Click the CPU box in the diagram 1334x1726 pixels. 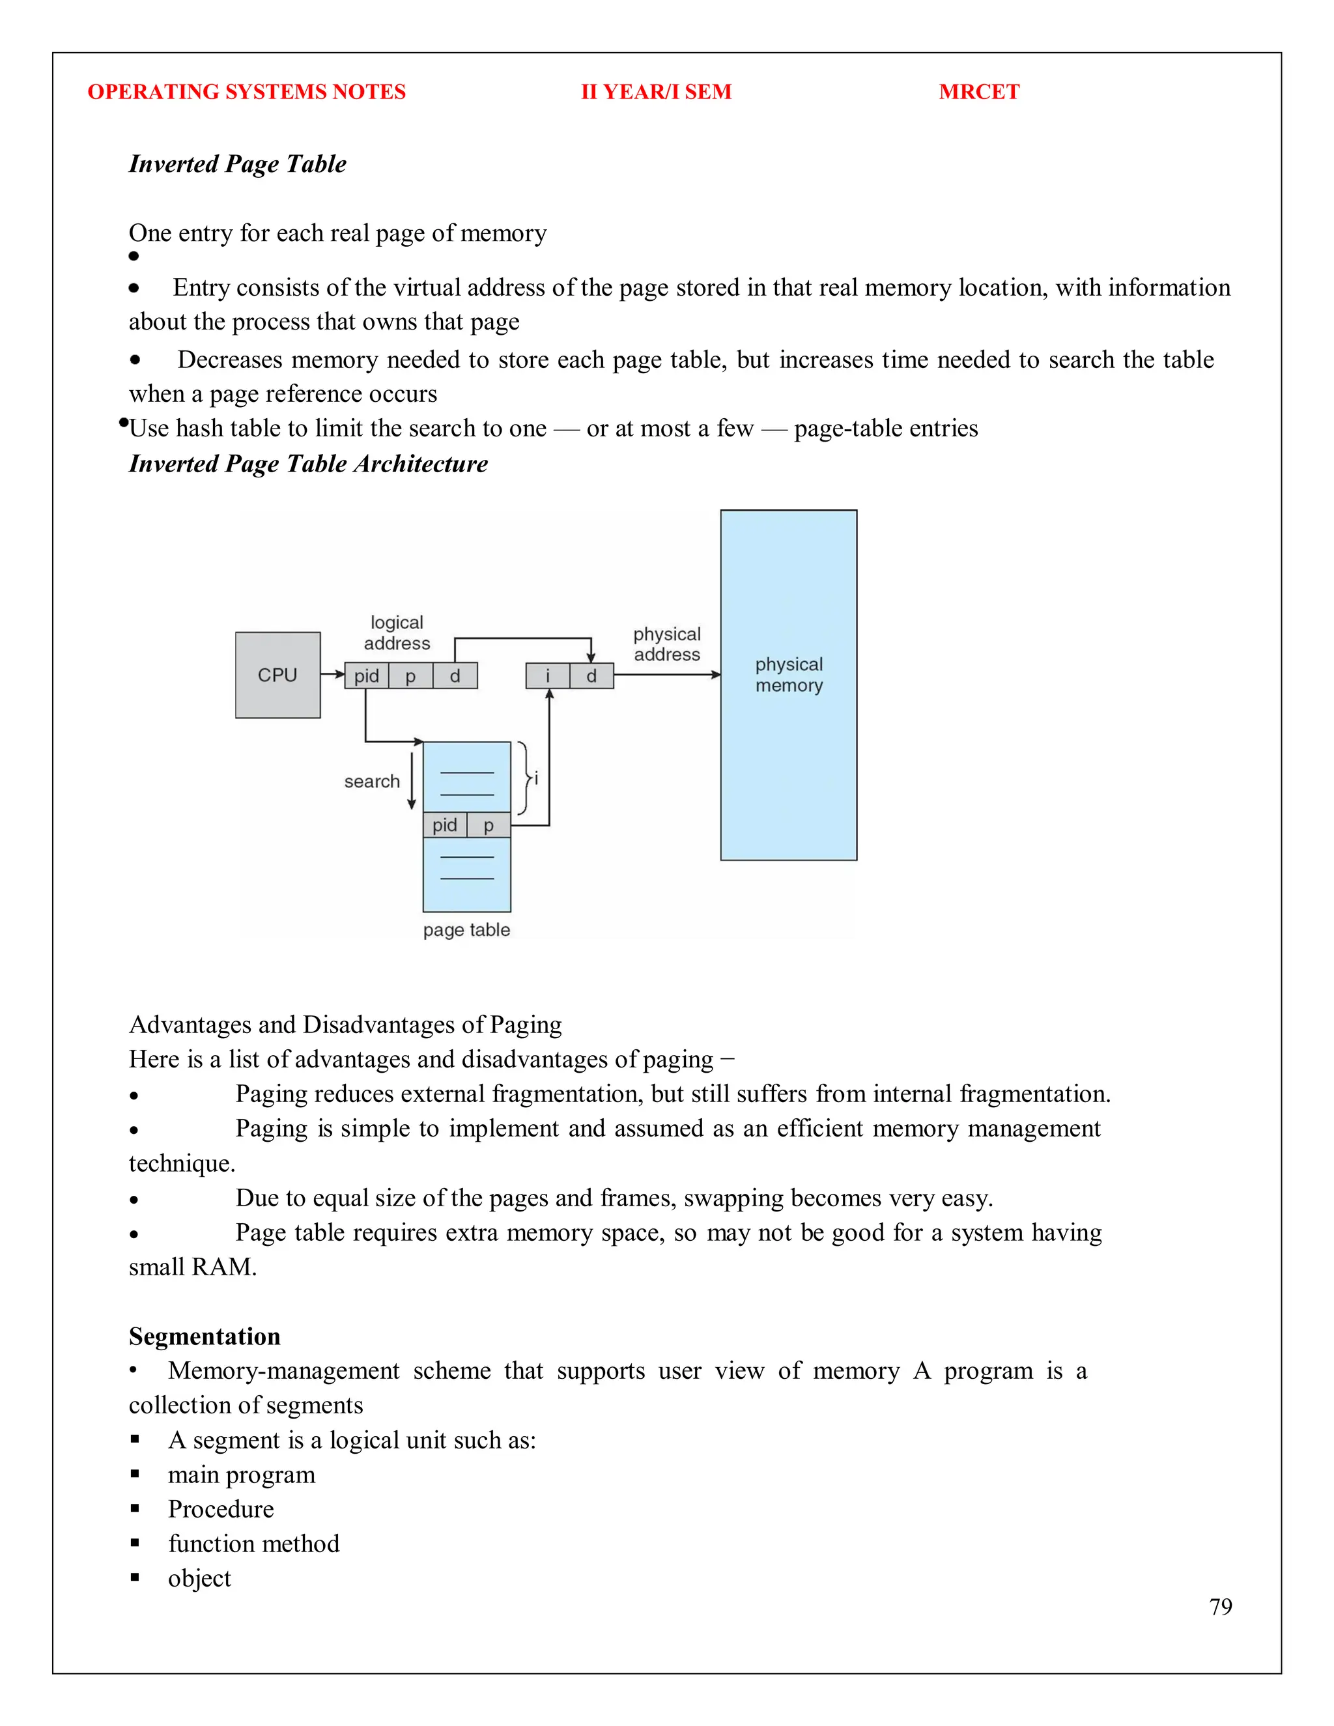(x=277, y=675)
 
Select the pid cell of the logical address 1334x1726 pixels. (x=367, y=675)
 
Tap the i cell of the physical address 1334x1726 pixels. (x=547, y=675)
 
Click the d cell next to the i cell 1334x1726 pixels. (x=591, y=675)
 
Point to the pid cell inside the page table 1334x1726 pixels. (x=445, y=825)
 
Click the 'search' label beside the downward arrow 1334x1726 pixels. (x=371, y=781)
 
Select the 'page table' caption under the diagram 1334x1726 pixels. (x=466, y=929)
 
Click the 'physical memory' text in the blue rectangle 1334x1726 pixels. (x=789, y=674)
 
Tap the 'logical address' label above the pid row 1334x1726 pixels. (x=397, y=632)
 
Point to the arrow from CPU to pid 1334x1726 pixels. (x=333, y=675)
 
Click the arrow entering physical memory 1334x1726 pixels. (x=668, y=675)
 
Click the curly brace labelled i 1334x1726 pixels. (x=525, y=778)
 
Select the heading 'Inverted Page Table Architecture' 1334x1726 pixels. (x=308, y=463)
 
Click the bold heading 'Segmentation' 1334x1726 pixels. (x=205, y=1336)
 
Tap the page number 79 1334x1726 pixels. (x=1220, y=1606)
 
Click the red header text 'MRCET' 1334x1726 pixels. (x=978, y=92)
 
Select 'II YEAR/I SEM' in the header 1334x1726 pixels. (x=656, y=92)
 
